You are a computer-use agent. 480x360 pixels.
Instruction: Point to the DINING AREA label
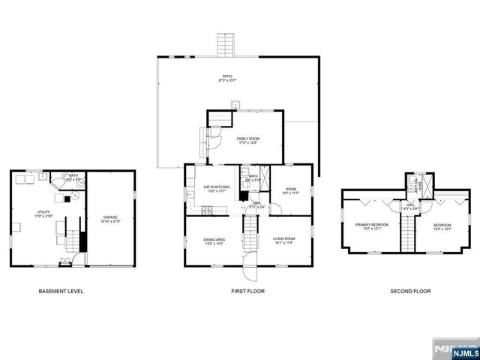(x=213, y=241)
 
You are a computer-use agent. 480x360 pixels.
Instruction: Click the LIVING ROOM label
(x=283, y=241)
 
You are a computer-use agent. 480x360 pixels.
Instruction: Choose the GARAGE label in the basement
(x=110, y=219)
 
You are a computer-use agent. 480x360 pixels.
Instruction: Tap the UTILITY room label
(x=43, y=214)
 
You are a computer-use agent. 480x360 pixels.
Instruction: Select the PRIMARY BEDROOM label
(x=371, y=226)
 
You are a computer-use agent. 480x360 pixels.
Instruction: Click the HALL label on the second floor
(x=411, y=205)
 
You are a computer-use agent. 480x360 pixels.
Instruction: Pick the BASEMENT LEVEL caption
(x=61, y=291)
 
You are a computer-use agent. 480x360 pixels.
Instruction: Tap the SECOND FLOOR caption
(x=411, y=291)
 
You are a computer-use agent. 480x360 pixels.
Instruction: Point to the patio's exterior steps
(x=226, y=46)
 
